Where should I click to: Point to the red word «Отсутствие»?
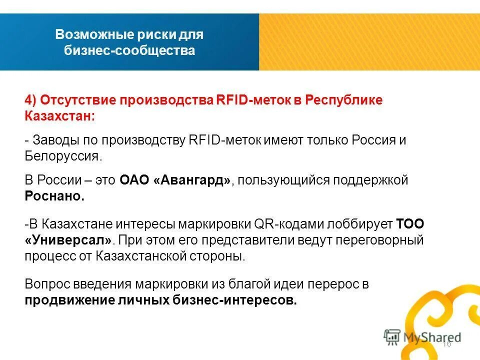click(x=76, y=99)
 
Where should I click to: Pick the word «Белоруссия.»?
click(x=63, y=156)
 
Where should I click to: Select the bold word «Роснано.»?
click(x=54, y=196)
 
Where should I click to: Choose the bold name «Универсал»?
click(x=68, y=240)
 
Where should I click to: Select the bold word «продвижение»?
click(x=63, y=300)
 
